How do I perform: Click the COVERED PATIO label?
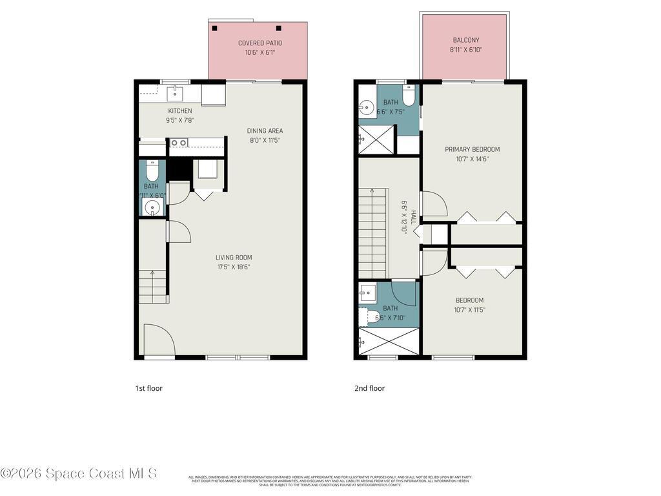tap(260, 43)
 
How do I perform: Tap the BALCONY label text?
tap(465, 40)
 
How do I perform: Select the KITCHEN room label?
tap(180, 111)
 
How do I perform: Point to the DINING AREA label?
tap(265, 131)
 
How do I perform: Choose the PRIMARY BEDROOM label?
tap(472, 149)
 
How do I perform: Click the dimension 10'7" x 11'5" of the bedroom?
tap(469, 310)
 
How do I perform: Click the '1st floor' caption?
tap(148, 388)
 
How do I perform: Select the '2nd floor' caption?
tap(369, 388)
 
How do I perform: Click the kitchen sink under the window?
tap(175, 94)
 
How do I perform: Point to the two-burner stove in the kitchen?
tap(179, 143)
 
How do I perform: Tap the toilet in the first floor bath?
tap(152, 172)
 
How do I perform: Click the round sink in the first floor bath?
tap(152, 207)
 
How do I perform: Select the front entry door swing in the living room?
tap(158, 340)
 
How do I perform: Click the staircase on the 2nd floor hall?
tap(374, 232)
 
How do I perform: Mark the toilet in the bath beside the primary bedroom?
tap(408, 96)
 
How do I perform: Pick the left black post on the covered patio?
tap(215, 28)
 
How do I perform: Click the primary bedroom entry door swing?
tap(433, 203)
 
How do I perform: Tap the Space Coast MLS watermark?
tap(79, 474)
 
